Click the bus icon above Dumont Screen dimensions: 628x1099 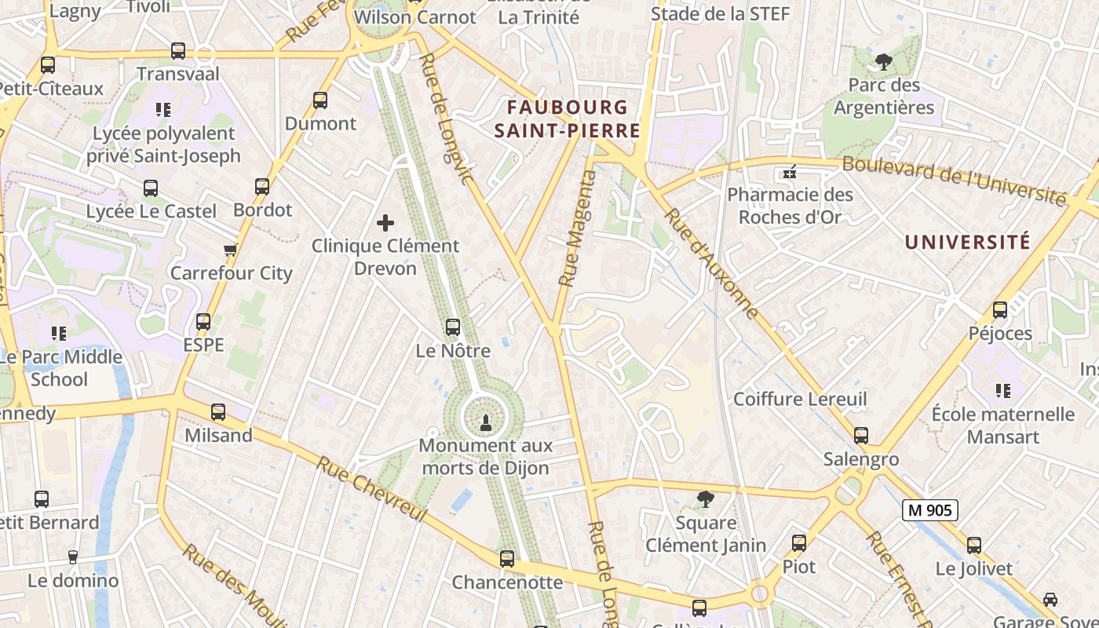(x=320, y=100)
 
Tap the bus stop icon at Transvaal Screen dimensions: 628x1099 (x=178, y=52)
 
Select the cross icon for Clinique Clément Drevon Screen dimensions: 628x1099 (x=385, y=223)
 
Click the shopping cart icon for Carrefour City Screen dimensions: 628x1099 (x=230, y=250)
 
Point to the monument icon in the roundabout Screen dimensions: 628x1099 (x=484, y=423)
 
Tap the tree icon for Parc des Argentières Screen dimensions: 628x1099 (x=884, y=62)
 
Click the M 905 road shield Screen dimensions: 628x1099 (x=929, y=510)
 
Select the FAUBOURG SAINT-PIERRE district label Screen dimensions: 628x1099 (x=568, y=119)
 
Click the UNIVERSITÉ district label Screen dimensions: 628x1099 (x=967, y=242)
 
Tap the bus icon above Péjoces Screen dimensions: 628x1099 (x=1000, y=310)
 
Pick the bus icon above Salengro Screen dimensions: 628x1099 (x=861, y=436)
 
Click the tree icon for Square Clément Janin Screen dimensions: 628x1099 (x=706, y=498)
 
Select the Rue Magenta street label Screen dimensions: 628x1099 (x=578, y=228)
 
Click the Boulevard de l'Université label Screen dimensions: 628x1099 (x=954, y=181)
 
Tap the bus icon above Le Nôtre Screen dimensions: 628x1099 (x=453, y=327)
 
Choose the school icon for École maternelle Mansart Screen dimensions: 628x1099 (x=1002, y=390)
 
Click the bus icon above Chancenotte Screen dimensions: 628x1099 (x=507, y=559)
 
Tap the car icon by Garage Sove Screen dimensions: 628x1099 (x=1050, y=600)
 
